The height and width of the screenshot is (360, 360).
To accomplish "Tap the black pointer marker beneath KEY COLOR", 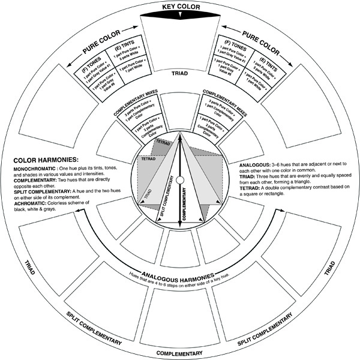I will tap(179, 18).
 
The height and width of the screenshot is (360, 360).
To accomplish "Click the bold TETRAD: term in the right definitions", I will tap(251, 188).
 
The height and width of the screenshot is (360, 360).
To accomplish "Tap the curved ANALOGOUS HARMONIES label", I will tap(179, 269).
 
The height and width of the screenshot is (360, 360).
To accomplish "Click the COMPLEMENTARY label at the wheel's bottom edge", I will tap(179, 353).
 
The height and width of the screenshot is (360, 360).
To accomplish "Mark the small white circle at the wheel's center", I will tap(179, 180).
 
